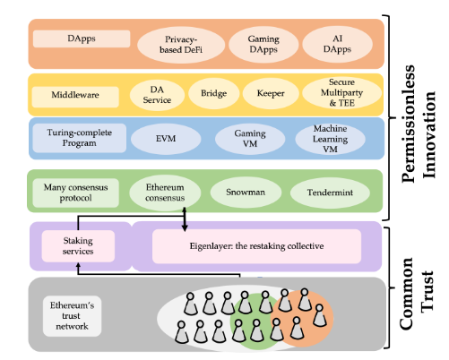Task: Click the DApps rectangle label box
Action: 82,39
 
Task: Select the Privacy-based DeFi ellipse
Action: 181,45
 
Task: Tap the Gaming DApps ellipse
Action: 263,44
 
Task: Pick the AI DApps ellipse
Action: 337,44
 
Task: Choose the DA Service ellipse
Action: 157,95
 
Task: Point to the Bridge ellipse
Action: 214,93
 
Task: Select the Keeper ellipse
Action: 271,93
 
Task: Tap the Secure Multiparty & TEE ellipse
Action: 341,92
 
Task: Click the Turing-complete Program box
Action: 79,138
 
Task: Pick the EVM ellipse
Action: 166,139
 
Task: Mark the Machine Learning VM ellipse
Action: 331,139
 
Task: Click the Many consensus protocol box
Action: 75,193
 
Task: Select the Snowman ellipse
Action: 246,193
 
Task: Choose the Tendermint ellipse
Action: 330,193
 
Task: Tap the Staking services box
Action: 78,246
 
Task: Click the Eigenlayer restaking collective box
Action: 256,246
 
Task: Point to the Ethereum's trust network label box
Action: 72,316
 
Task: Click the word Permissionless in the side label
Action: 409,124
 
